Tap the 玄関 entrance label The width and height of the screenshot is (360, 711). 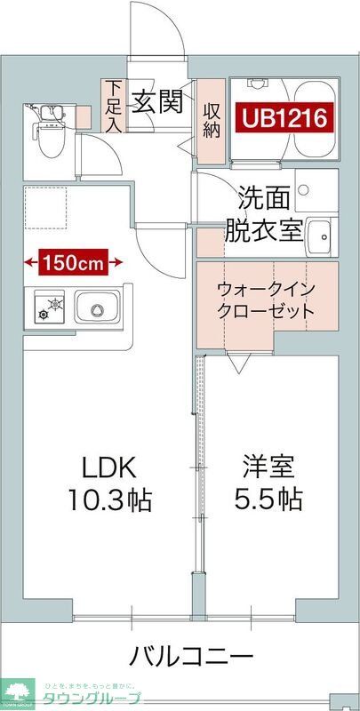158,101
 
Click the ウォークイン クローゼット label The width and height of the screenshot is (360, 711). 266,300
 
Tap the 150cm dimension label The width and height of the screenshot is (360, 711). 74,262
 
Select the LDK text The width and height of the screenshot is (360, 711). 110,467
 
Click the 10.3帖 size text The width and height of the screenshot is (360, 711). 110,499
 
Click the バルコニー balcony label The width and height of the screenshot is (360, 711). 190,658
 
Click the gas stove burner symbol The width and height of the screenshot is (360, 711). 52,309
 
